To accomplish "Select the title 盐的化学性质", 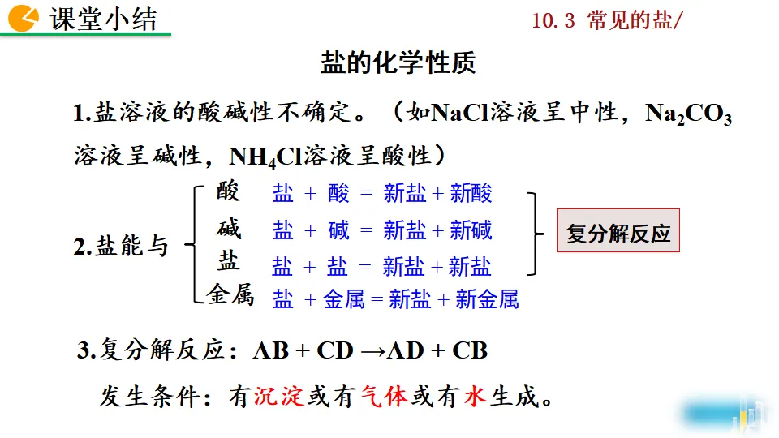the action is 398,63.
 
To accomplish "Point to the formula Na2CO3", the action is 688,114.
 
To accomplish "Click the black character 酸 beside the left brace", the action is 229,191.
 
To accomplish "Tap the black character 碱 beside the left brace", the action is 229,229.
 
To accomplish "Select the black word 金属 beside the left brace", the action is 230,295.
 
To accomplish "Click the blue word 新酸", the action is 471,193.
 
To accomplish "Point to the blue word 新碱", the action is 471,230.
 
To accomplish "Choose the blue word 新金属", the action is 487,299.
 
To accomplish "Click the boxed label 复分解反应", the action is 618,234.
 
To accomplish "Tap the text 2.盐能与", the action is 121,246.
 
